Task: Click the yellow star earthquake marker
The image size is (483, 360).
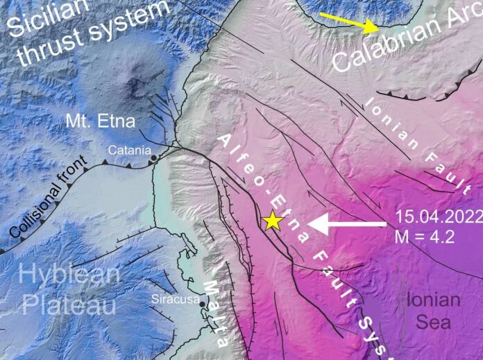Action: pos(272,221)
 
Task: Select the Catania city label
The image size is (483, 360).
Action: pos(125,149)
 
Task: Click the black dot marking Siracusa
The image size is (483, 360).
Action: pos(202,304)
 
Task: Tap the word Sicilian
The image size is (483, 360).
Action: pos(44,15)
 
